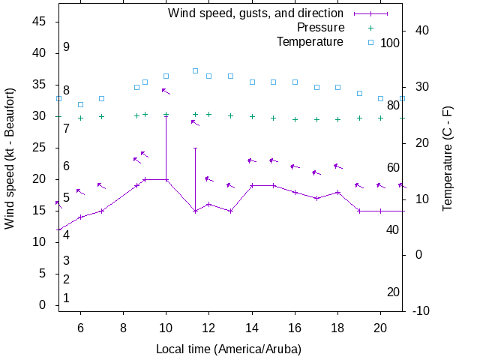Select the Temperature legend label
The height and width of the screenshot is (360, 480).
tap(310, 42)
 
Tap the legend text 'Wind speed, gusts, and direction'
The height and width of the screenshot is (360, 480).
tap(255, 13)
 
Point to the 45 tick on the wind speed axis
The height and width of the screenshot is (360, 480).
tap(40, 22)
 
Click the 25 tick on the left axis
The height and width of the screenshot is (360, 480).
tap(40, 148)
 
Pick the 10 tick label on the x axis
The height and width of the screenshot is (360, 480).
tap(166, 328)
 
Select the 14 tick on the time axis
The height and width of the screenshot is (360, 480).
tap(252, 328)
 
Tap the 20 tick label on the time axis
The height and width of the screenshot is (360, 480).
tap(380, 328)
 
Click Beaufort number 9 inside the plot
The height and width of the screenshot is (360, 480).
tap(67, 47)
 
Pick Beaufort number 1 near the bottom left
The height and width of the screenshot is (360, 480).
tap(67, 298)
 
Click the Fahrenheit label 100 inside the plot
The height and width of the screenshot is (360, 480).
tap(390, 43)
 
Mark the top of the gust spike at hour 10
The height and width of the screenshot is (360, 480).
tap(166, 116)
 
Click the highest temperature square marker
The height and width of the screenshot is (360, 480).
tap(195, 70)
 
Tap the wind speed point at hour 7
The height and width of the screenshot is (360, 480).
tap(101, 211)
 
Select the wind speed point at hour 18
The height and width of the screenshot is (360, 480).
tap(338, 192)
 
